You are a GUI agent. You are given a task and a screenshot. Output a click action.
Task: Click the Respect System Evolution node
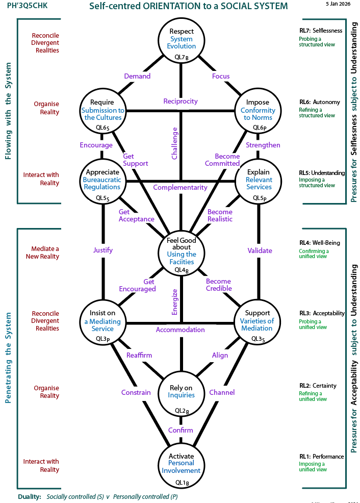182,39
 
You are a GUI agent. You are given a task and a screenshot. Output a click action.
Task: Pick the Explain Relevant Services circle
259,180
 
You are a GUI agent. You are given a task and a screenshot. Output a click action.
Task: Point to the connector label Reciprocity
181,101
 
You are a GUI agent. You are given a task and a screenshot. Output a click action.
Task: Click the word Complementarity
181,187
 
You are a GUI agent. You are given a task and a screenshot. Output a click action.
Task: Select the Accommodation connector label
181,330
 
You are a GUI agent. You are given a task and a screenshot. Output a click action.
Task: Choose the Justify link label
103,250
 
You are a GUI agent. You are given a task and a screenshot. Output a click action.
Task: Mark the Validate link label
260,250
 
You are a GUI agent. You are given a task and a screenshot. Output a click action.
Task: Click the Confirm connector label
181,430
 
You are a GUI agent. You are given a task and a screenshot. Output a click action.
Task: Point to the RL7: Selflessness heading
321,31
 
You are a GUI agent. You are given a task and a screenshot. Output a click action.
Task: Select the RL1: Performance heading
321,456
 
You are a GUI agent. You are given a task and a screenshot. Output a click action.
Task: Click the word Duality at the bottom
29,496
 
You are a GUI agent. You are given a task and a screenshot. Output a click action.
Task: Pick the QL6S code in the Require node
103,127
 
